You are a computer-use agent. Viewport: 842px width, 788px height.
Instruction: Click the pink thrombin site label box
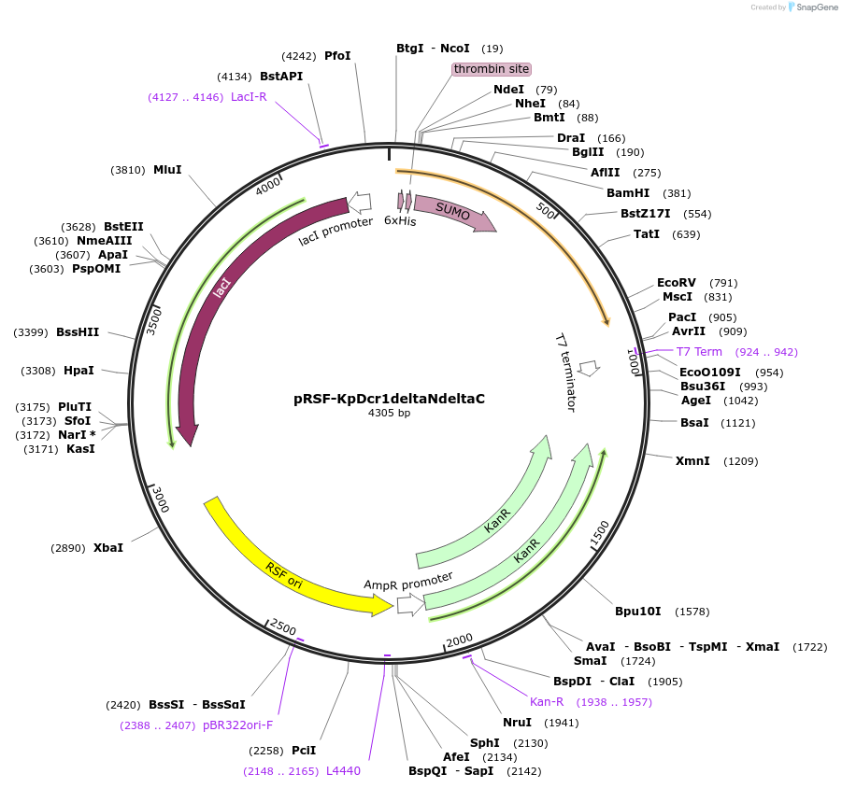492,69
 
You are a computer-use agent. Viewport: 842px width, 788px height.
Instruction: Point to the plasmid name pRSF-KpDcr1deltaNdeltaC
389,398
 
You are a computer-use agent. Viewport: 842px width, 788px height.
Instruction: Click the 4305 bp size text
389,413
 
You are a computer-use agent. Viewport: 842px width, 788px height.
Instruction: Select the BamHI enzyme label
628,193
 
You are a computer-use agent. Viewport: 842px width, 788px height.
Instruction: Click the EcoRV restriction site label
677,282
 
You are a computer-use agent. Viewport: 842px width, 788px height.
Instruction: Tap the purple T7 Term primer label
699,352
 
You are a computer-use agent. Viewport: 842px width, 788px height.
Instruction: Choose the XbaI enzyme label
108,548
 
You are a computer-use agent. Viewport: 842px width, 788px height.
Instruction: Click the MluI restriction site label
167,170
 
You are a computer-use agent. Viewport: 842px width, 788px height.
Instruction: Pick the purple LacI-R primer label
249,97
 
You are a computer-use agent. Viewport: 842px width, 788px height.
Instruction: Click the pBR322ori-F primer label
237,725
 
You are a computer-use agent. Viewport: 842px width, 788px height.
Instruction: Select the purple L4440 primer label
343,771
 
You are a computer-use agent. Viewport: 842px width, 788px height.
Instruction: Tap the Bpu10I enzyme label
637,612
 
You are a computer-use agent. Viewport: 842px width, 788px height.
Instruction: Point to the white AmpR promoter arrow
409,605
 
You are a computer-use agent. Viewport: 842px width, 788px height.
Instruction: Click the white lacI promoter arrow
360,202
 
